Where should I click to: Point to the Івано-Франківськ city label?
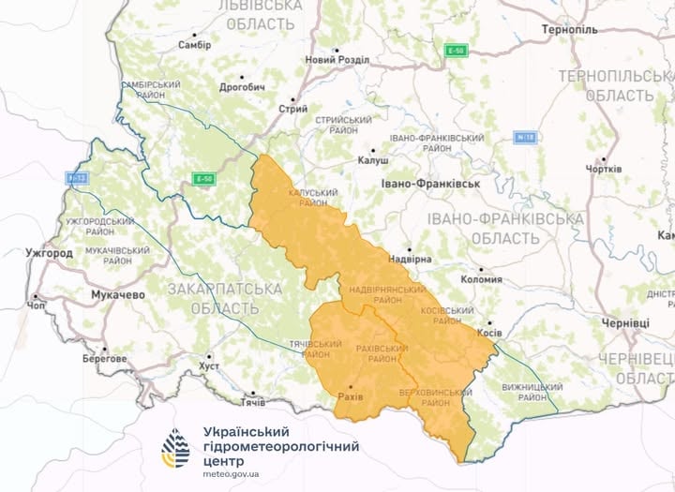click(430, 183)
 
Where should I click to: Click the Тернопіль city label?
click(569, 30)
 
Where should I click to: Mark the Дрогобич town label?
click(243, 87)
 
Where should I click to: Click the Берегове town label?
click(103, 358)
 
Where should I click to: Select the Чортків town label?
click(603, 169)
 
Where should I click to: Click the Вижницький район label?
click(523, 391)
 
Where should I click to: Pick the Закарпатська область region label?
click(212, 298)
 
